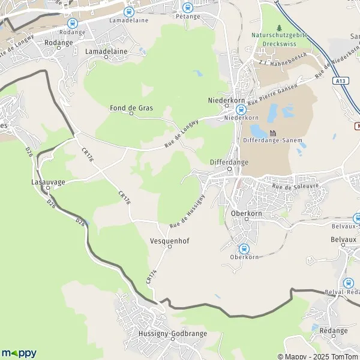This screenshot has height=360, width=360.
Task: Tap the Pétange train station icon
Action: click(187, 8)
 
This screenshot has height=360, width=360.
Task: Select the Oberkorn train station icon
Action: click(244, 248)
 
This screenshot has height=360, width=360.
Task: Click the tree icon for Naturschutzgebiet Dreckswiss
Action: click(279, 28)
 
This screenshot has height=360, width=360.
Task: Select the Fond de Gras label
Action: click(131, 108)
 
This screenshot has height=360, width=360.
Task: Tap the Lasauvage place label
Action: click(48, 180)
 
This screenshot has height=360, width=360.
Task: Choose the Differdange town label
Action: click(229, 162)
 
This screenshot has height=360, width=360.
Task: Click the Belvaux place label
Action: click(343, 238)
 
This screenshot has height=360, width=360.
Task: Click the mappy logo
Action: click(19, 353)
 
